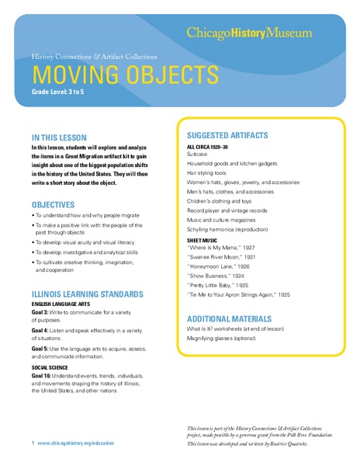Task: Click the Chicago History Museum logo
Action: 249,33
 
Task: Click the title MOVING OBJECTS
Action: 124,75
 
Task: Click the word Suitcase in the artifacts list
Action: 198,155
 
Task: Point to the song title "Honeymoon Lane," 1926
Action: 222,265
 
